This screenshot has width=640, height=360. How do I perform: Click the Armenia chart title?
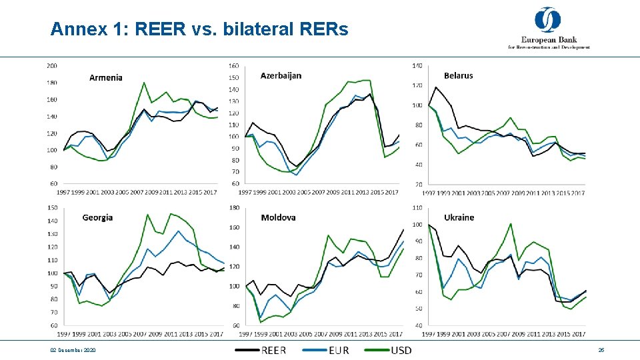(106, 77)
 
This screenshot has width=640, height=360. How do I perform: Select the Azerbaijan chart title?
(281, 75)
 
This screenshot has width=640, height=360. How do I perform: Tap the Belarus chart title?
(458, 75)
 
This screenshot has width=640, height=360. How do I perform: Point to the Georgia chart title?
(97, 217)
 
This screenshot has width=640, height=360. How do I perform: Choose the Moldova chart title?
(278, 217)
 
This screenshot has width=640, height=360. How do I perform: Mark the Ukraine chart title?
(459, 217)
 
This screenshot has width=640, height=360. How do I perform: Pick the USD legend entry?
(401, 350)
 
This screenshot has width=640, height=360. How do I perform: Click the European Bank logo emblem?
(548, 20)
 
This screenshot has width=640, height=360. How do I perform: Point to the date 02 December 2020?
(73, 350)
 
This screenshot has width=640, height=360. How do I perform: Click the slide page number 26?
(601, 350)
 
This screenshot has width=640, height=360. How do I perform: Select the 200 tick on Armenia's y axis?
(51, 65)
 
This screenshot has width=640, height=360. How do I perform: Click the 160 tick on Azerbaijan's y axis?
(233, 65)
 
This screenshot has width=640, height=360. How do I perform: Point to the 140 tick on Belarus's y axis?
(417, 65)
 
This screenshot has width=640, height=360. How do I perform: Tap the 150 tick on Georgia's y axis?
(51, 207)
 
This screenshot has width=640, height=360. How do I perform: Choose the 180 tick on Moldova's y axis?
(233, 207)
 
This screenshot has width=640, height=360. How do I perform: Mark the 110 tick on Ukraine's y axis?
(417, 207)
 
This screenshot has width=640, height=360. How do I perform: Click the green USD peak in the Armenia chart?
(144, 83)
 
